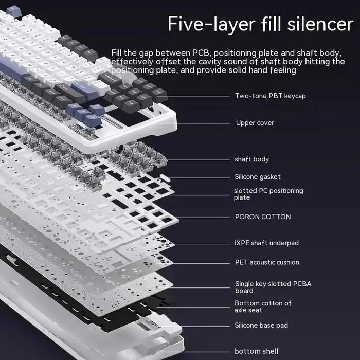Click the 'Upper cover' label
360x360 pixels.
point(255,123)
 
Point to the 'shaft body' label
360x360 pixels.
point(252,159)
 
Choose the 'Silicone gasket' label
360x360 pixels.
point(258,177)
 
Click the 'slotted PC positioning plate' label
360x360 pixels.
point(268,194)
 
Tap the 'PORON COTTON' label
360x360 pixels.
point(263,217)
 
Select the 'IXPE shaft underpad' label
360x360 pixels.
point(267,243)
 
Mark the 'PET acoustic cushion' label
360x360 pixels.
point(267,262)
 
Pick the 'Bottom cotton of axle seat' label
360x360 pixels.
point(263,307)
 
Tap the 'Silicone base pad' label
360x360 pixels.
point(261,326)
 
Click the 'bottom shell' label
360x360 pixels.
point(256,351)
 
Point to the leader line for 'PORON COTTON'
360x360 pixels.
point(203,217)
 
